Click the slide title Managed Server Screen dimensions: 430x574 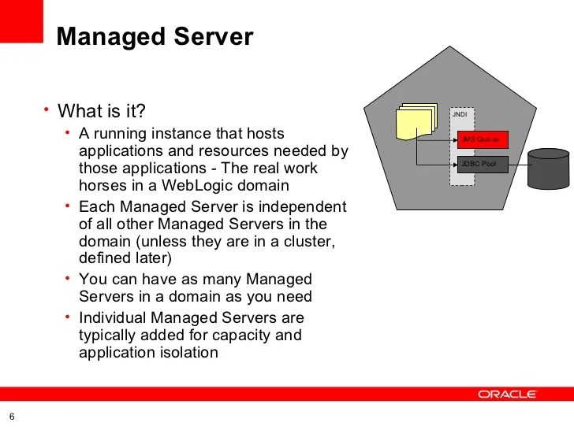[x=155, y=36]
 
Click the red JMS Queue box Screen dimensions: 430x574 [x=482, y=139]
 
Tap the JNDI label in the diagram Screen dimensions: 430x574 [x=459, y=115]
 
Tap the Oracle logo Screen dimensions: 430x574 [x=507, y=394]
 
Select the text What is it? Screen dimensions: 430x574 [x=102, y=110]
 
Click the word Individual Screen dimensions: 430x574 [x=113, y=318]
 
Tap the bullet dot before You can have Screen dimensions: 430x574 [x=68, y=279]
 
